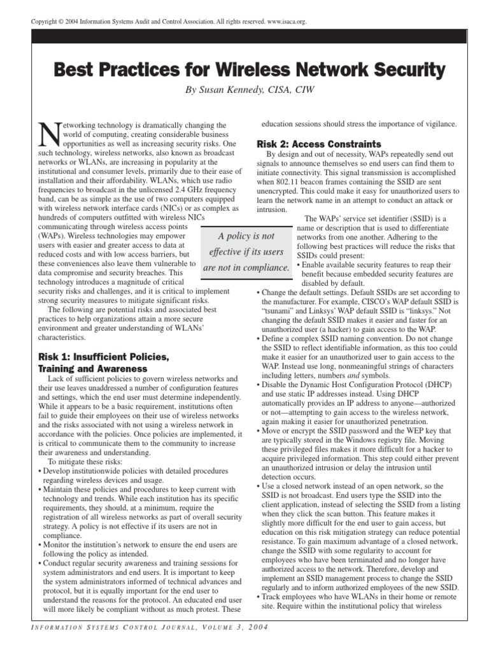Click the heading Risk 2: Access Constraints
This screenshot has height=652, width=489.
[x=318, y=144]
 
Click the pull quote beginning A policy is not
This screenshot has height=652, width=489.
[x=247, y=251]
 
